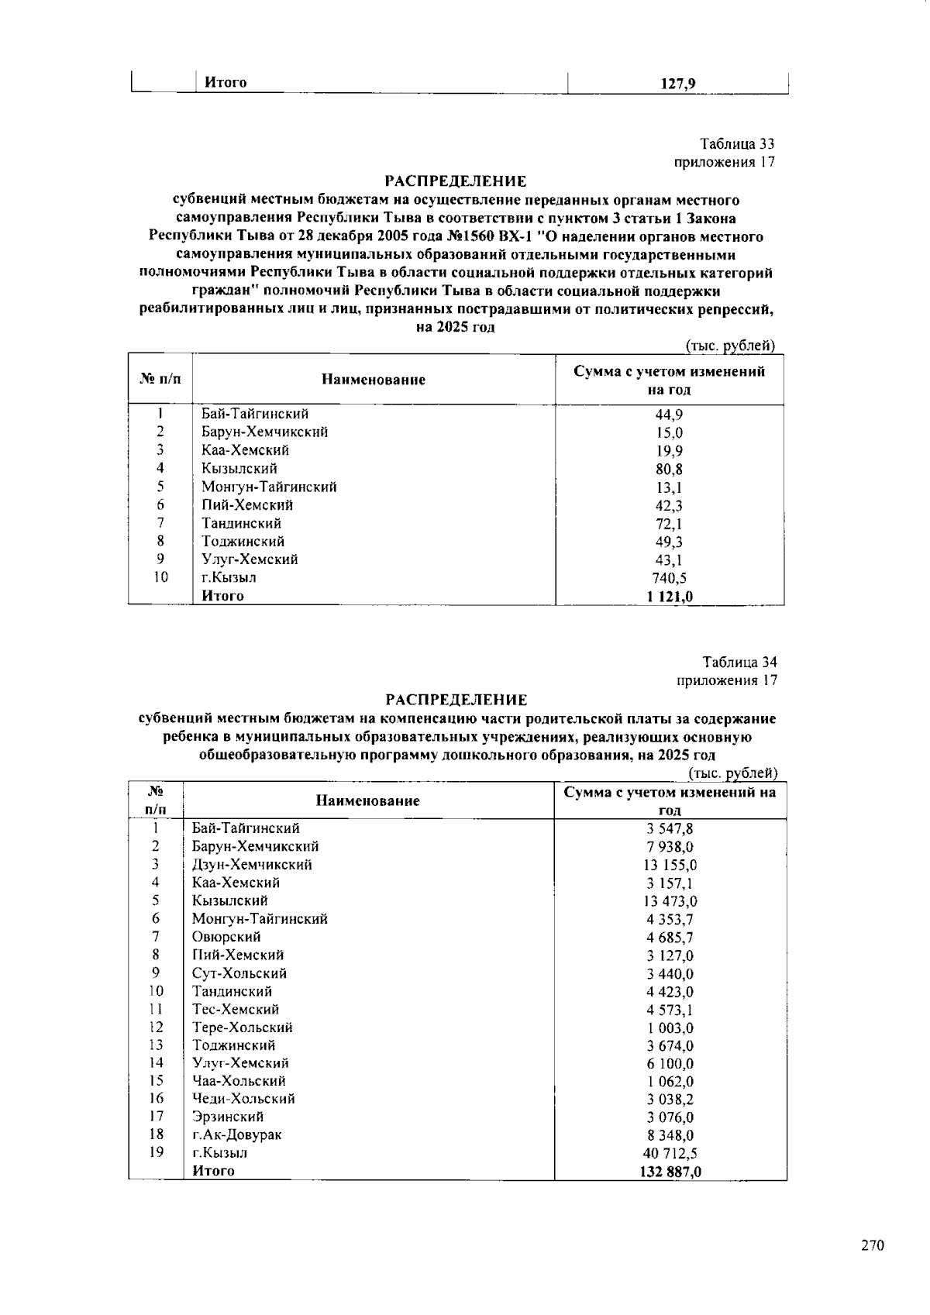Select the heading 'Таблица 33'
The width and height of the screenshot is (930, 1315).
tap(737, 144)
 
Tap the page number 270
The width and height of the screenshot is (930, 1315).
tap(872, 1246)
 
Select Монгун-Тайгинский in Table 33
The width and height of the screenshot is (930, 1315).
tap(269, 487)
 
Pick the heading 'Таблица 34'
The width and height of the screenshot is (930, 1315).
tap(739, 663)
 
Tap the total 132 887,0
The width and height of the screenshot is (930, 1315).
tap(670, 1172)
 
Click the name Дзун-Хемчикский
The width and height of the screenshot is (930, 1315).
tap(252, 865)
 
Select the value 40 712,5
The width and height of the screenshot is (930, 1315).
tap(670, 1154)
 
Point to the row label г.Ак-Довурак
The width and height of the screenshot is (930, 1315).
tap(236, 1135)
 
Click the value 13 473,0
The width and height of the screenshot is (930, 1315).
tap(670, 901)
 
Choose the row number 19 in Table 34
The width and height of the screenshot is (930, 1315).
tap(157, 1152)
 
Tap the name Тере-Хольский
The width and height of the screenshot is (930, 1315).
tap(243, 1028)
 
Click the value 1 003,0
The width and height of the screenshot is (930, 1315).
tap(670, 1028)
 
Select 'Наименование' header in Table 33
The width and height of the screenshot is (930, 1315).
tap(374, 380)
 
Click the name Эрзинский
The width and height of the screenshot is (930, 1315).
tap(228, 1117)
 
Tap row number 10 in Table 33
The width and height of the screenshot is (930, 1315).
tap(160, 577)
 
